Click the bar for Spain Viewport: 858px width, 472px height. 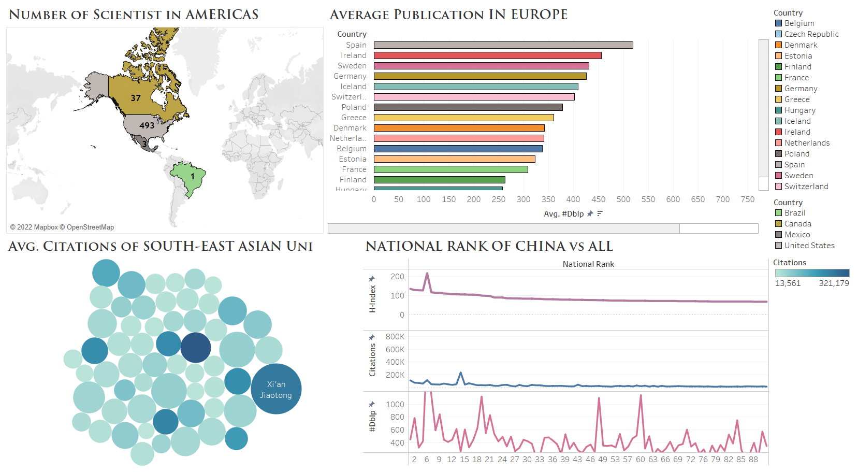coord(503,45)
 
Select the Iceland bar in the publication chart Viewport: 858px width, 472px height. coord(475,87)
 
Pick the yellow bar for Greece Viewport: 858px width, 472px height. coord(463,118)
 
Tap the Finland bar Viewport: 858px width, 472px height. coord(439,180)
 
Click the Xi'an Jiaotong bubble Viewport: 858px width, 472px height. coord(276,389)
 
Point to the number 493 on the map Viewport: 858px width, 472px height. coord(147,125)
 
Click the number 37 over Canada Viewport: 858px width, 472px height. coord(136,98)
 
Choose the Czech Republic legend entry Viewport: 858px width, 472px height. coord(811,34)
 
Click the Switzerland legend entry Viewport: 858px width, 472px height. coord(806,187)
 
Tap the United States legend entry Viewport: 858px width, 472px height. coord(809,246)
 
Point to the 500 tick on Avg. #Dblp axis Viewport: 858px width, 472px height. coord(623,199)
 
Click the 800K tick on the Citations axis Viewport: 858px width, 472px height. coord(395,337)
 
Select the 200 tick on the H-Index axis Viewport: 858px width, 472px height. coord(397,277)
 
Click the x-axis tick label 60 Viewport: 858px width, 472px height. coord(640,460)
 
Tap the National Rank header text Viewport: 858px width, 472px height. coord(588,264)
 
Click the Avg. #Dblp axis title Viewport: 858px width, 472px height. coord(563,214)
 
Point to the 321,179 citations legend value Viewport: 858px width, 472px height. coord(833,283)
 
